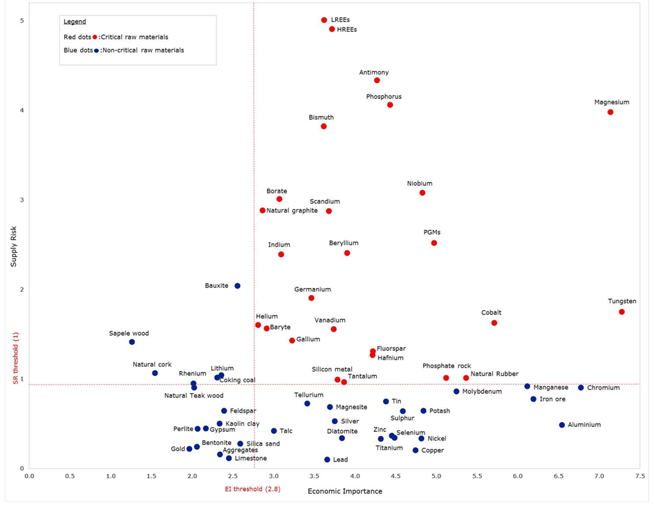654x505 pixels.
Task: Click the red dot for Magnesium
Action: coord(610,112)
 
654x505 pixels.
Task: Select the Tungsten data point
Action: coord(622,312)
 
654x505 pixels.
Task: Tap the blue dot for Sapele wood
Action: coord(132,342)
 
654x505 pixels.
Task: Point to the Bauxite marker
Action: coord(237,286)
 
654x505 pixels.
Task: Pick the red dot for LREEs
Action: coord(324,20)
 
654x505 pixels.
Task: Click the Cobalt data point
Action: coord(494,323)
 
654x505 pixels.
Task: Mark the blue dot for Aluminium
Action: coord(562,425)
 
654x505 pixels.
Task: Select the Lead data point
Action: coord(327,459)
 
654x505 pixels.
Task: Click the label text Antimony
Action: coord(374,73)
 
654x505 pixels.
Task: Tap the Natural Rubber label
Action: coord(494,374)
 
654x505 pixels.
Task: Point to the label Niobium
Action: coord(420,184)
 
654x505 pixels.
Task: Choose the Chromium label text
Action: coord(604,388)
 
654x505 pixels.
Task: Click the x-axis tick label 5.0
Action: coord(436,477)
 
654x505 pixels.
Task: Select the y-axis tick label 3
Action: coord(21,200)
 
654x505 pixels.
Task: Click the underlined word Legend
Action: coord(75,22)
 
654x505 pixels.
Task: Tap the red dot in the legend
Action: coord(95,37)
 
